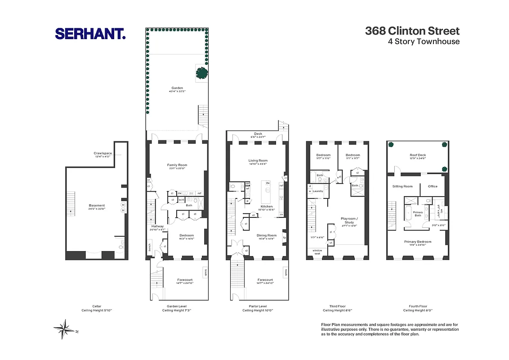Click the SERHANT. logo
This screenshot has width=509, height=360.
(x=90, y=33)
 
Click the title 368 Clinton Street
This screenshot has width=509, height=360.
(x=412, y=31)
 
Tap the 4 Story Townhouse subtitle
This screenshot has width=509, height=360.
(x=424, y=41)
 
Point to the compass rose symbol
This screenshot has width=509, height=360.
(x=66, y=329)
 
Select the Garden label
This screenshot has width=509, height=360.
(x=177, y=88)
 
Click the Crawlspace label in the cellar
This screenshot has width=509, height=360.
(x=103, y=153)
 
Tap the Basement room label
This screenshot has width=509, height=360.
(x=97, y=206)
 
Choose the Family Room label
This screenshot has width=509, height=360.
(x=177, y=165)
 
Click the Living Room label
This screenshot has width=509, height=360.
(x=258, y=161)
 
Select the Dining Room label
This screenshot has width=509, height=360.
(x=267, y=235)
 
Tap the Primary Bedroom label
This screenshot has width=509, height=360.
(x=418, y=242)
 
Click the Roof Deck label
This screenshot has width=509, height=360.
(x=418, y=155)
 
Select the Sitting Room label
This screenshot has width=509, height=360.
(x=402, y=186)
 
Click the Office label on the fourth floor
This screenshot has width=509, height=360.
(x=433, y=186)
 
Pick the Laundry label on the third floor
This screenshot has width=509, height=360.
(x=318, y=191)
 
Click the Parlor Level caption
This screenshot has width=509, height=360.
(x=258, y=306)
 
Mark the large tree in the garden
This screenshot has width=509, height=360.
(x=202, y=72)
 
